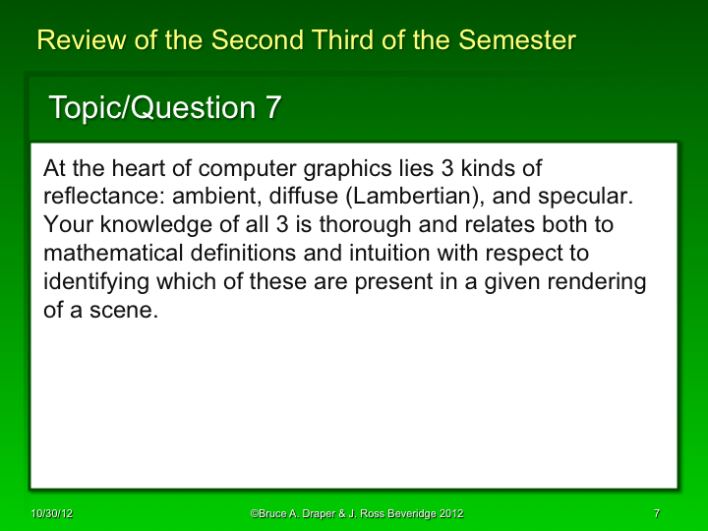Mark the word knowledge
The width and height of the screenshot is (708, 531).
[147, 225]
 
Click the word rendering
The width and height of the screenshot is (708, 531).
[600, 282]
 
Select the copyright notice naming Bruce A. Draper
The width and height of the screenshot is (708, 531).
[357, 514]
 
